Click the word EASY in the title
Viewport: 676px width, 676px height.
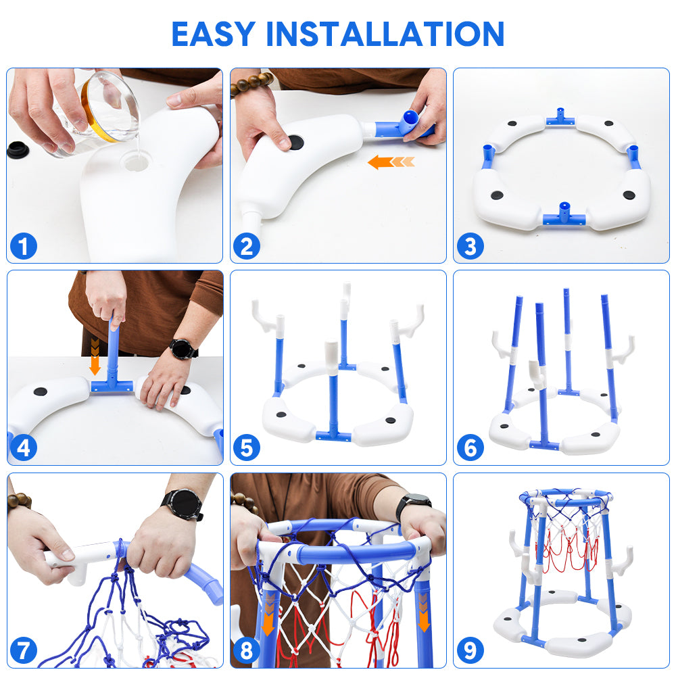pos(214,34)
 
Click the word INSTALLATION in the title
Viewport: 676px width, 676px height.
pos(385,34)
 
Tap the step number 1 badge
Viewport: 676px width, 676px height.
pos(23,246)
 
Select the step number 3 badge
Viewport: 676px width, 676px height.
pos(470,246)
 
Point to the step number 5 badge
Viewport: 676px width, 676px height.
pos(247,448)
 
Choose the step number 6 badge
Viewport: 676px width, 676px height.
pos(470,448)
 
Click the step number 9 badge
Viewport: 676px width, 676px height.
pos(470,650)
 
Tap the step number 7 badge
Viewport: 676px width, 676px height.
pos(23,650)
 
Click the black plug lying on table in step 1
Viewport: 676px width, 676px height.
pos(18,149)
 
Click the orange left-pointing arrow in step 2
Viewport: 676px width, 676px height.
pos(391,162)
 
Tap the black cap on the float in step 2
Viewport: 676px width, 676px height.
pos(296,142)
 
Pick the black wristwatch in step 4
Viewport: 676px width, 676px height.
pos(183,349)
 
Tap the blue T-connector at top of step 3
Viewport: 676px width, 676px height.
pos(560,117)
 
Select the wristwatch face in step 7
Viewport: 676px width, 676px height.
pos(183,504)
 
